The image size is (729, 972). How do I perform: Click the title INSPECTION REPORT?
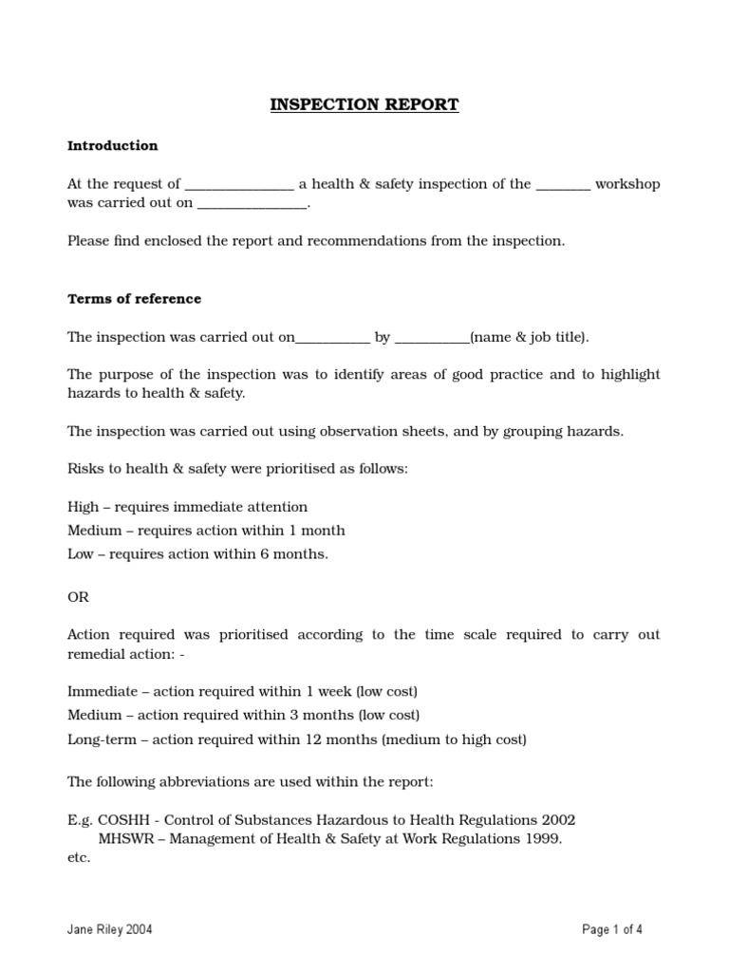pyautogui.click(x=364, y=105)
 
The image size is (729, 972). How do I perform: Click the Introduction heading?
pyautogui.click(x=112, y=146)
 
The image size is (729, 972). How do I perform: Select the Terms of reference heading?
pyautogui.click(x=134, y=299)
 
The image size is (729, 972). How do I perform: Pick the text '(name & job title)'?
pyautogui.click(x=529, y=337)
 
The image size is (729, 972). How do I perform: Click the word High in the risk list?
pyautogui.click(x=83, y=508)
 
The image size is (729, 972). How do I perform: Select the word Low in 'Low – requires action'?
pyautogui.click(x=81, y=554)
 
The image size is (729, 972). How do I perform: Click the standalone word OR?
pyautogui.click(x=78, y=596)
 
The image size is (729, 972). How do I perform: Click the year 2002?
pyautogui.click(x=557, y=819)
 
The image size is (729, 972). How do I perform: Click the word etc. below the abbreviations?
pyautogui.click(x=79, y=858)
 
